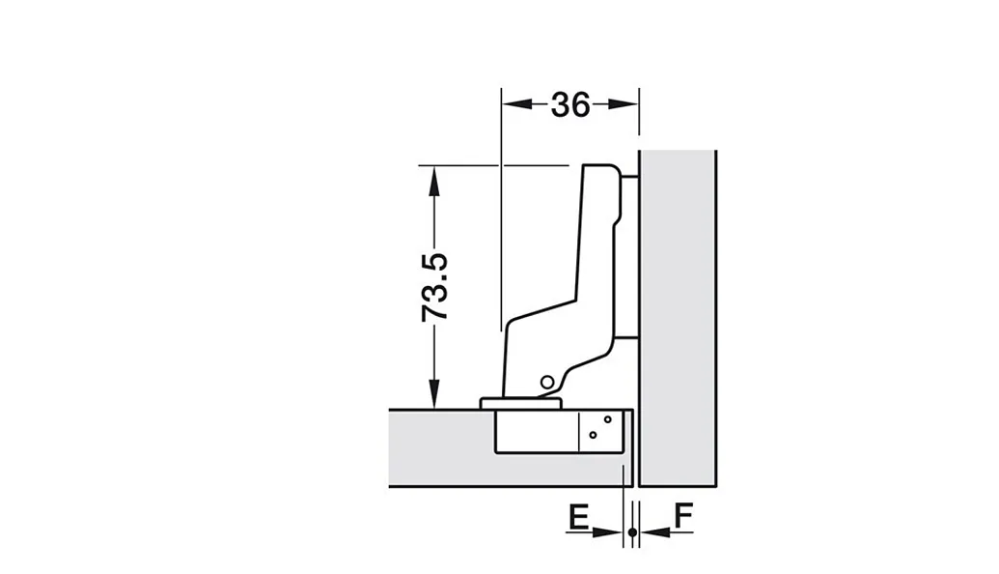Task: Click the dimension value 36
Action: coord(570,104)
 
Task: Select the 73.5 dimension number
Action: coord(435,287)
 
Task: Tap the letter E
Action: coord(578,517)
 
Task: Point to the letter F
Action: coord(683,516)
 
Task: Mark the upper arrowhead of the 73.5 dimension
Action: coord(434,181)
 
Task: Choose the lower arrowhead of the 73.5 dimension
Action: coord(434,393)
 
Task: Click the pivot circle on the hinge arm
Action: coord(546,383)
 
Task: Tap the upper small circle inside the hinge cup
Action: coord(608,419)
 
